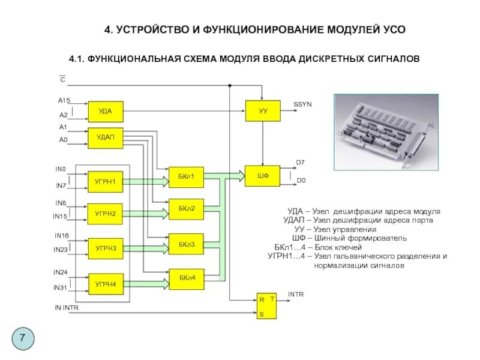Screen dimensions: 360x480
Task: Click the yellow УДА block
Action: pyautogui.click(x=106, y=111)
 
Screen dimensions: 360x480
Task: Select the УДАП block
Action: pyautogui.click(x=106, y=138)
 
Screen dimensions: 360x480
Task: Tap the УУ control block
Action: pyautogui.click(x=262, y=111)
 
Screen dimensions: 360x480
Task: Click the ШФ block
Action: pyautogui.click(x=262, y=176)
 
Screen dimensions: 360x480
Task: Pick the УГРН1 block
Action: pyautogui.click(x=106, y=181)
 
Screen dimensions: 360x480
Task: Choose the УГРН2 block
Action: pyautogui.click(x=106, y=214)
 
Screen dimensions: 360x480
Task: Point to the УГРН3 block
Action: pyautogui.click(x=106, y=248)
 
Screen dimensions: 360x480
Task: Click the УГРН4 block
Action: pyautogui.click(x=106, y=284)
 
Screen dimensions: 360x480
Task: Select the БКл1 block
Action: pyautogui.click(x=186, y=176)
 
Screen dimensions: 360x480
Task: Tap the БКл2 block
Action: pyautogui.click(x=186, y=209)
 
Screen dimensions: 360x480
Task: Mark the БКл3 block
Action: pyautogui.click(x=186, y=244)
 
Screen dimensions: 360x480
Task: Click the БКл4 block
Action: pyautogui.click(x=186, y=277)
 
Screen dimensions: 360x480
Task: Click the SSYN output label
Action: pyautogui.click(x=302, y=105)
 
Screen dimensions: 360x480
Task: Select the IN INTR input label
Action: pyautogui.click(x=67, y=308)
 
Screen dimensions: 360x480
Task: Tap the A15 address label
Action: pyautogui.click(x=64, y=100)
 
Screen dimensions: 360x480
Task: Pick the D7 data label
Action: pyautogui.click(x=301, y=163)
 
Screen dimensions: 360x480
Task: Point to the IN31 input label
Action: pyautogui.click(x=61, y=288)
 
